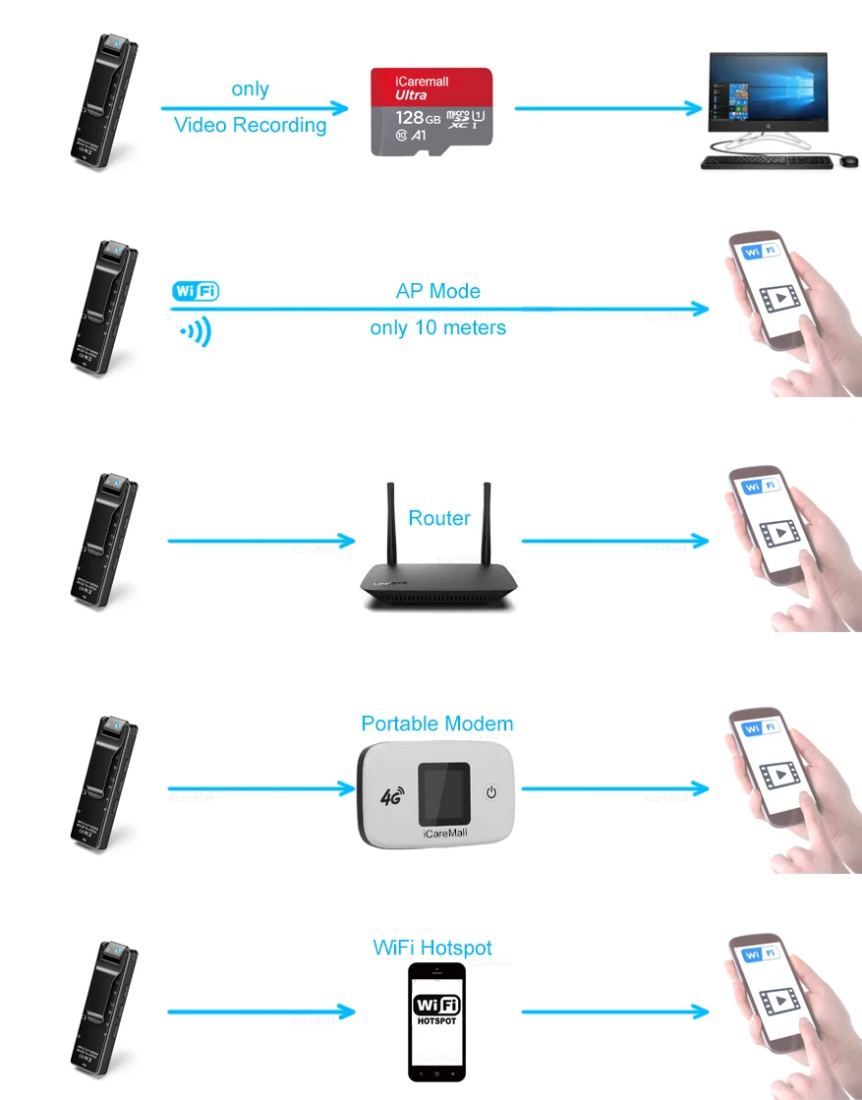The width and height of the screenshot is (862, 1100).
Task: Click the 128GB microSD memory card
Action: (x=431, y=111)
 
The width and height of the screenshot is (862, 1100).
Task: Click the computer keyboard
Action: (x=766, y=161)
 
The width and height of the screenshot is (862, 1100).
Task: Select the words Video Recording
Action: (x=250, y=125)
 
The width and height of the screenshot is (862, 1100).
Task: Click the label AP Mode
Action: (x=437, y=291)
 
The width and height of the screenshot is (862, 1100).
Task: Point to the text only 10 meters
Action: (x=437, y=327)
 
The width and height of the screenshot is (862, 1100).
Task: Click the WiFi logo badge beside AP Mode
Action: (x=195, y=291)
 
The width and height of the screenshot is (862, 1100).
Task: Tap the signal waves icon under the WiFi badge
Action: (x=196, y=332)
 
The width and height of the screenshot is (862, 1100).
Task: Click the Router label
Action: (x=439, y=518)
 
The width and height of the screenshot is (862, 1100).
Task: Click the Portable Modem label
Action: (x=436, y=724)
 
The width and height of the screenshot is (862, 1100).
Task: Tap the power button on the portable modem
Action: (x=493, y=792)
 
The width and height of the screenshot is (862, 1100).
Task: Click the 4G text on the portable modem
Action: (x=390, y=795)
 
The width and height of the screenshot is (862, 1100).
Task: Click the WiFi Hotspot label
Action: (x=432, y=948)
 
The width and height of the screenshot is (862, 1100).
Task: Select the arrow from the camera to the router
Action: (x=260, y=541)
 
